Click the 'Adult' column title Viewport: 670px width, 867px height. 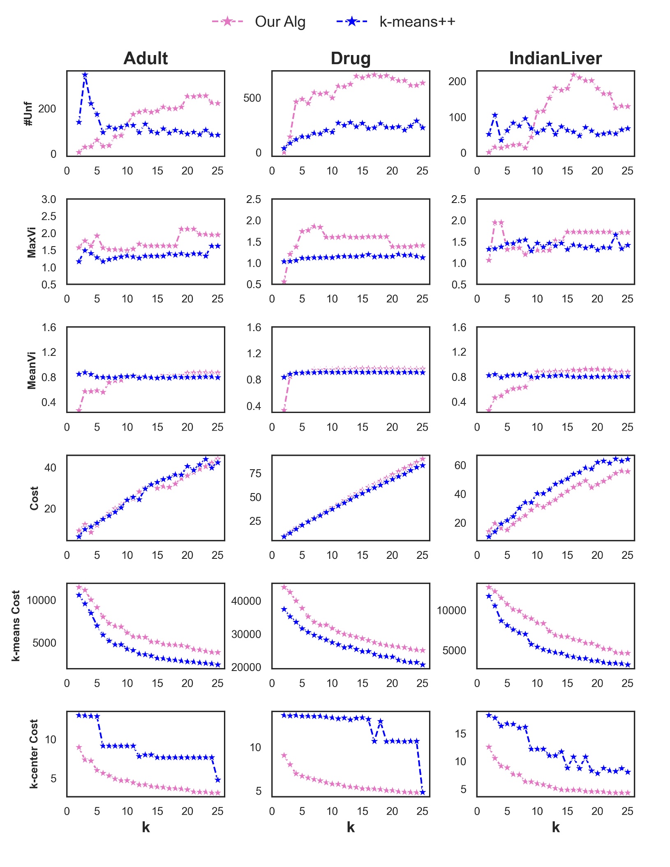click(146, 58)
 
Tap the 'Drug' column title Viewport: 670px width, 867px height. click(351, 58)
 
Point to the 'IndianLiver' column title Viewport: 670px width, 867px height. click(555, 58)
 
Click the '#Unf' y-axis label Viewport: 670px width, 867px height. click(28, 114)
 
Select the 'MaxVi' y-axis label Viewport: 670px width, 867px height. click(32, 242)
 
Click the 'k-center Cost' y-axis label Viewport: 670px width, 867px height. click(34, 754)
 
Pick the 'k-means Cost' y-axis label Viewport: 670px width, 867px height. click(16, 625)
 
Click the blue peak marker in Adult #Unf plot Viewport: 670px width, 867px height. click(85, 75)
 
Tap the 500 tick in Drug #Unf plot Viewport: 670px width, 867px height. click(252, 98)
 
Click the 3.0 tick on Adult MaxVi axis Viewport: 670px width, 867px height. click(49, 200)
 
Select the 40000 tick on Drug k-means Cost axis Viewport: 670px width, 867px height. click(246, 601)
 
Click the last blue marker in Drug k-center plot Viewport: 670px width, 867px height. click(423, 792)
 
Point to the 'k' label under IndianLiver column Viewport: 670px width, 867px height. click(556, 827)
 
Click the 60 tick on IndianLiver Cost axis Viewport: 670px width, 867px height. click(460, 466)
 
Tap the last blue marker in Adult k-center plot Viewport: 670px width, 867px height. click(218, 779)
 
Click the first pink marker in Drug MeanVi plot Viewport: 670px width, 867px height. click(284, 410)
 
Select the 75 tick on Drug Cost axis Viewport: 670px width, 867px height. click(255, 474)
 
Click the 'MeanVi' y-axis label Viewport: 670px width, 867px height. click(32, 370)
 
